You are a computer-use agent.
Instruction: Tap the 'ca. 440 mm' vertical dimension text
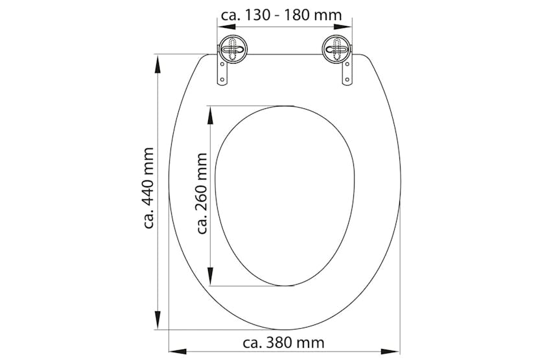[149, 188]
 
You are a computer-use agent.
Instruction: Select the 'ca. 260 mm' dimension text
[202, 193]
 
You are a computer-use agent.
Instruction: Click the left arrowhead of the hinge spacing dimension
[221, 27]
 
